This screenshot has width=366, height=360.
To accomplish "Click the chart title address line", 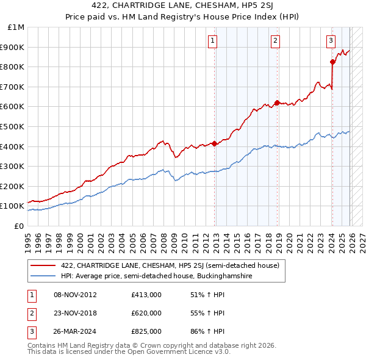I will [183, 7].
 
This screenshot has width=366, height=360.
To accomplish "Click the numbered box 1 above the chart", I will [213, 41].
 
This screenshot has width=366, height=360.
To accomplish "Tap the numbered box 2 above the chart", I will [276, 41].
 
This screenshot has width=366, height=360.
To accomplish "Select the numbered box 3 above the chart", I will [331, 41].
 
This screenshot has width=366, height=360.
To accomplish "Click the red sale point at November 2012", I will [215, 143].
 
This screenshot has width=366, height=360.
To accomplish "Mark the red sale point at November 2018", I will [277, 103].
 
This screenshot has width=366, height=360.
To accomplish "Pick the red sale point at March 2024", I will [332, 62].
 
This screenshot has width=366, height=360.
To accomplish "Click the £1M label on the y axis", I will [16, 27].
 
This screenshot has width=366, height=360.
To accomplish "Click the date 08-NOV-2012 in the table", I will [75, 295].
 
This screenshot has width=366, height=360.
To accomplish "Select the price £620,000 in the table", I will [146, 313].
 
